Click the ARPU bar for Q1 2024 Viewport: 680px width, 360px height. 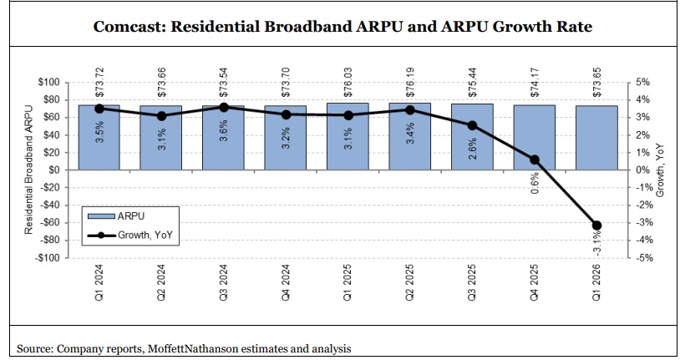point(99,138)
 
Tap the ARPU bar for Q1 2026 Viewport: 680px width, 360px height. point(596,138)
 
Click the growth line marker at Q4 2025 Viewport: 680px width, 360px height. point(535,160)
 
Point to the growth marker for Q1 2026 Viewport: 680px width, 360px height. point(596,225)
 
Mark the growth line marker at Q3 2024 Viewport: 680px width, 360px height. point(224,107)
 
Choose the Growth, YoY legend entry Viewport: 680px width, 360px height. point(133,235)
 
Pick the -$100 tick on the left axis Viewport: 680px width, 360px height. point(51,258)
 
